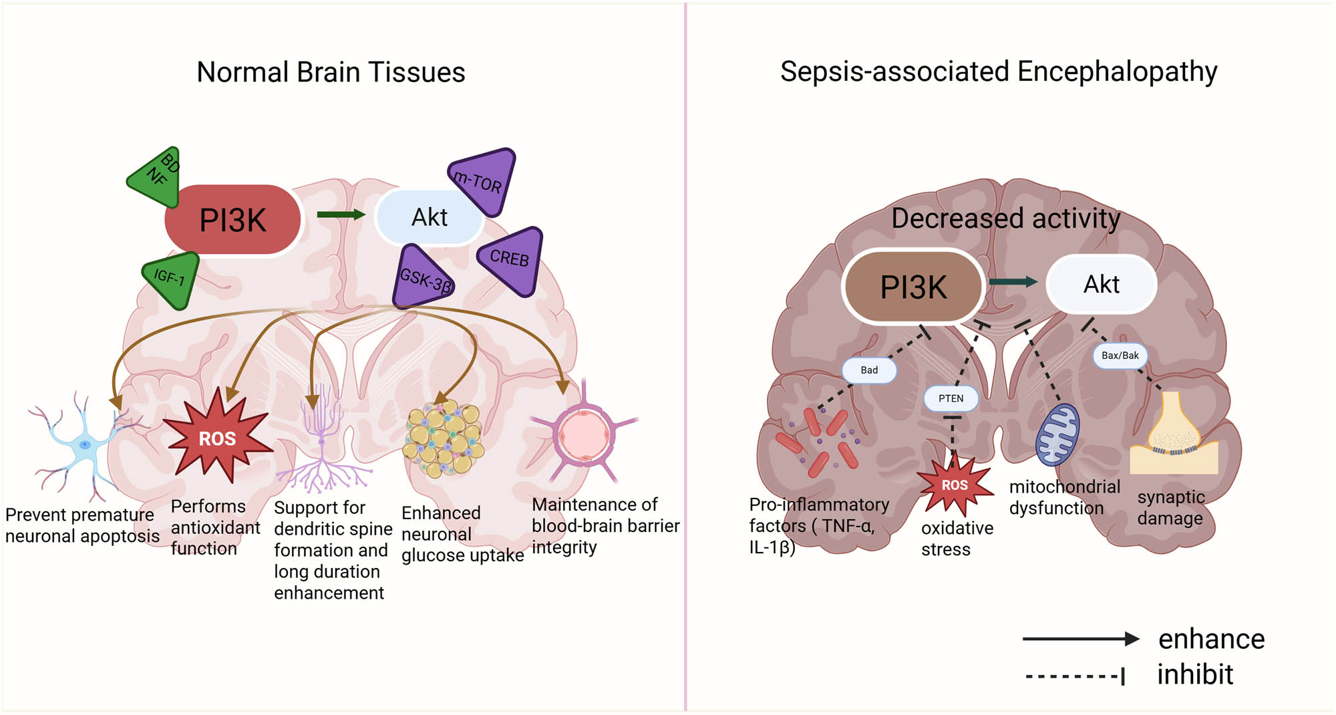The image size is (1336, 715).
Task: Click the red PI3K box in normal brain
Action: (232, 220)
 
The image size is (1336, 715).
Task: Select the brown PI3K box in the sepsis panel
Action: (913, 287)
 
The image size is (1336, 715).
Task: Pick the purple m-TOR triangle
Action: (484, 180)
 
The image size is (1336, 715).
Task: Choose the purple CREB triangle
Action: (513, 260)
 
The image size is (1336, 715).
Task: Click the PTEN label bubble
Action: (951, 398)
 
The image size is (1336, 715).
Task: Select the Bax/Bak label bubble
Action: (1120, 355)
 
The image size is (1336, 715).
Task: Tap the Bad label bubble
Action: (869, 370)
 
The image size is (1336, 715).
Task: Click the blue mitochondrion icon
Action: (1057, 434)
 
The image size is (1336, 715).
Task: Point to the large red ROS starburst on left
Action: (217, 438)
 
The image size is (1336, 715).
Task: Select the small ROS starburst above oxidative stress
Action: (955, 484)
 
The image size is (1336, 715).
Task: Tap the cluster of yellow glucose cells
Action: (444, 438)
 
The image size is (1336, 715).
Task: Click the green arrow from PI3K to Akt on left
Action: (340, 214)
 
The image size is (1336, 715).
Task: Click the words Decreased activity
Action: (1005, 219)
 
